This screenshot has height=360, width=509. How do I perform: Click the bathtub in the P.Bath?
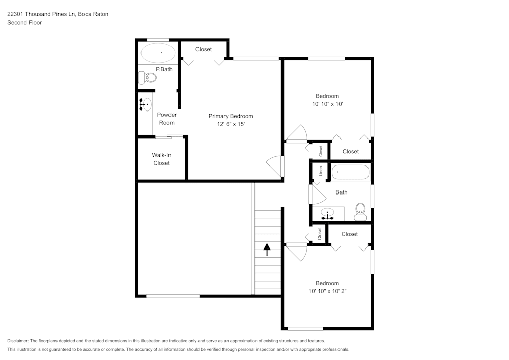click(x=158, y=52)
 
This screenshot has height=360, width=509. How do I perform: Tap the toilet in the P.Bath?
click(x=148, y=77)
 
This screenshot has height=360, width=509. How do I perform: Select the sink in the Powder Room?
click(x=146, y=104)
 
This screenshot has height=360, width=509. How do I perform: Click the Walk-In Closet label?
click(x=162, y=159)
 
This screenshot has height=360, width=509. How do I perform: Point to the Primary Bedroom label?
click(x=231, y=116)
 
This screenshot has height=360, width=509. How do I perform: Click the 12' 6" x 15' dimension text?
click(x=231, y=124)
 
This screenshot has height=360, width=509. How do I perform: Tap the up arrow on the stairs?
click(x=267, y=250)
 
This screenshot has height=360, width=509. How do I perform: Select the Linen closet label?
click(x=321, y=171)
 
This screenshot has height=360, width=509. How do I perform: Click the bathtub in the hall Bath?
click(x=351, y=173)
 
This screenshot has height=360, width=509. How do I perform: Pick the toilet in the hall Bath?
click(x=360, y=212)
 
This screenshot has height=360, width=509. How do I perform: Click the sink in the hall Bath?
click(x=327, y=214)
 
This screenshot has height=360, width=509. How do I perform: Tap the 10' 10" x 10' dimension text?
click(x=327, y=104)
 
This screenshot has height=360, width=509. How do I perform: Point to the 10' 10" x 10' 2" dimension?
click(x=327, y=291)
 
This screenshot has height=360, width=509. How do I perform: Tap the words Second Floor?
click(x=24, y=23)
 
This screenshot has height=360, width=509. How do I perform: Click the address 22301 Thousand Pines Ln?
click(x=41, y=14)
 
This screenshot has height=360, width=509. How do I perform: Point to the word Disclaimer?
click(x=17, y=341)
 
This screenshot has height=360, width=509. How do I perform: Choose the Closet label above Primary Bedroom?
click(x=204, y=49)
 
